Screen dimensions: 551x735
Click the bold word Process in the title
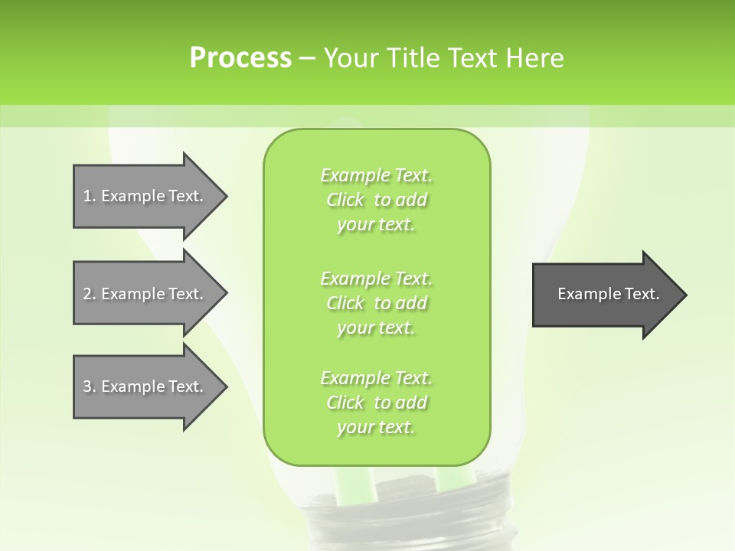pos(240,58)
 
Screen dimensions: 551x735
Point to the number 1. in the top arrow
pos(90,196)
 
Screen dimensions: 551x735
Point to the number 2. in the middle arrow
pos(90,294)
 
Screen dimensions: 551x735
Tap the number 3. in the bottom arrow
pos(90,386)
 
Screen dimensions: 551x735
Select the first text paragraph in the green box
pos(376,200)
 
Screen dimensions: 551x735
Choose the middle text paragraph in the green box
pos(376,302)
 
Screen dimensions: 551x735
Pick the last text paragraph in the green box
pos(376,402)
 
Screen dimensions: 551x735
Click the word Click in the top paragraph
pos(345,201)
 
